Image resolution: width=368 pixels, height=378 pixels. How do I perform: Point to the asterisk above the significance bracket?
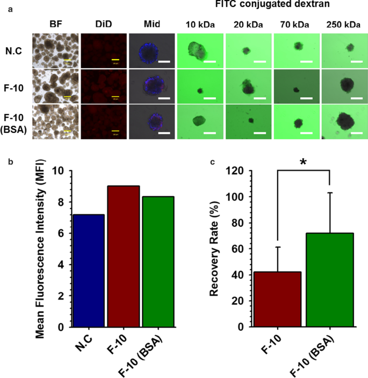[304, 162]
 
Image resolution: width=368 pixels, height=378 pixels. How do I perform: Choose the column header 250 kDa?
[344, 24]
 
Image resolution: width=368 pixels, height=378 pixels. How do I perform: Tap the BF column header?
[56, 24]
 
